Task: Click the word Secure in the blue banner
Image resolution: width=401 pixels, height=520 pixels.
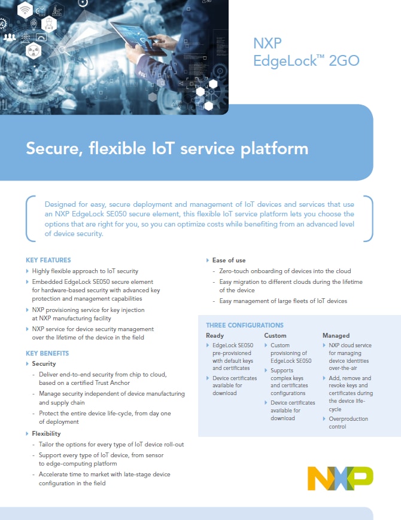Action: pos(52,148)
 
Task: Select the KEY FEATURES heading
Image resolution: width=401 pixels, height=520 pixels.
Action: pos(48,260)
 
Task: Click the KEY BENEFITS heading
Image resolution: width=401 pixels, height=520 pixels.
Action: pos(47,353)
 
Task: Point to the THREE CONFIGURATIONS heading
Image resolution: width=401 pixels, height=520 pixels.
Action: pos(245,325)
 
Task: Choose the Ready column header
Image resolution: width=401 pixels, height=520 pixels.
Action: pos(215,335)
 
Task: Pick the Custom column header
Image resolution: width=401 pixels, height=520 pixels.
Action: pos(275,335)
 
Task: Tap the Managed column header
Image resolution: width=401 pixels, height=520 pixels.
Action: pos(336,335)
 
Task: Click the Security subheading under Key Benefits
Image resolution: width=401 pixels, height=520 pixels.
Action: pos(44,363)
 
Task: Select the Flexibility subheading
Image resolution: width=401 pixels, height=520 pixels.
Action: pos(46,433)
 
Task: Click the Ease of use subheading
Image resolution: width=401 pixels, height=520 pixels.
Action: pos(229,260)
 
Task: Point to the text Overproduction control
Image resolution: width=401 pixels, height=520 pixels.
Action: pos(348,423)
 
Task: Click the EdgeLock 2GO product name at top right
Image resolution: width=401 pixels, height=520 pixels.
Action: pos(306,60)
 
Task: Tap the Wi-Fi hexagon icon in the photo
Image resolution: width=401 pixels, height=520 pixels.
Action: pos(25,10)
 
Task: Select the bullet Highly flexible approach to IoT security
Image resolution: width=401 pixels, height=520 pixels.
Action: pos(85,271)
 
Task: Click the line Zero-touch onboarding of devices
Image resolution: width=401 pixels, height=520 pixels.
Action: pos(285,271)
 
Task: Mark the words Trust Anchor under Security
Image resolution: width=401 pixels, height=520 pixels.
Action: pos(112,383)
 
